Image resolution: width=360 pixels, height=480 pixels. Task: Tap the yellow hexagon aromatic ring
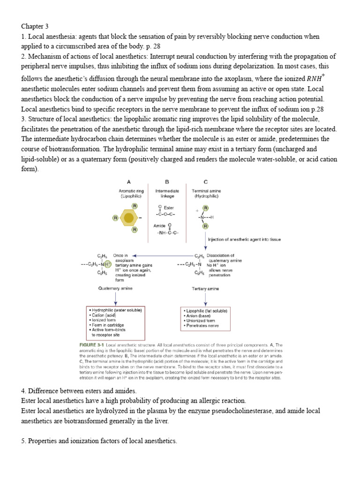[128, 217]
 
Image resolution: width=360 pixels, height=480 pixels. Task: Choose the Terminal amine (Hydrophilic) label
[206, 194]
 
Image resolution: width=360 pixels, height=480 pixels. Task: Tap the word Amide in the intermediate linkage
[160, 225]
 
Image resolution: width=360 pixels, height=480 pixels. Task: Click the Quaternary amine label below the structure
[115, 288]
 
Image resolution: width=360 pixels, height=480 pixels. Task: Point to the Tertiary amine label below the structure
[205, 289]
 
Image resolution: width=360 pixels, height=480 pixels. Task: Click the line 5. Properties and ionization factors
[99, 441]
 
